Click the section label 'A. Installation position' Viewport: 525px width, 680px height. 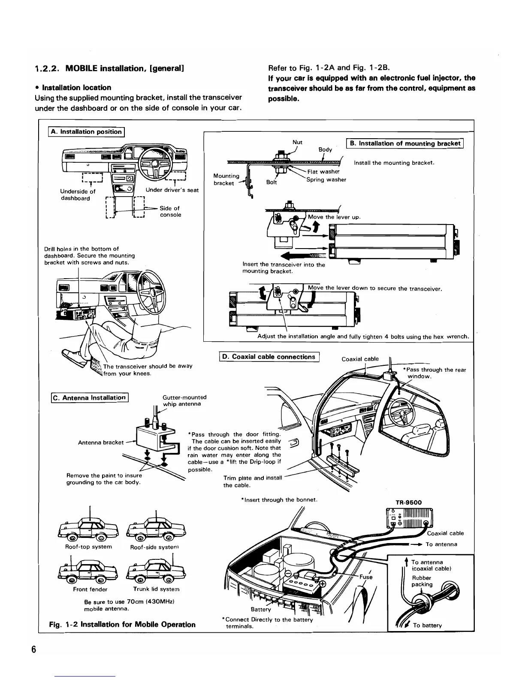pyautogui.click(x=86, y=132)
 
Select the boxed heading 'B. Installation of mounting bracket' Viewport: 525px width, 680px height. pyautogui.click(x=405, y=144)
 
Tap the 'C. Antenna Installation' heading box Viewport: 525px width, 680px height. pyautogui.click(x=89, y=398)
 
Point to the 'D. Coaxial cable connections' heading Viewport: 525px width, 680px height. pyautogui.click(x=269, y=357)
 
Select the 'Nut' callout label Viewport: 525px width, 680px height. pyautogui.click(x=297, y=142)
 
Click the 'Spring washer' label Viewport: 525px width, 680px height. pyautogui.click(x=326, y=179)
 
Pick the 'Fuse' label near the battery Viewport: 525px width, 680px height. pyautogui.click(x=366, y=577)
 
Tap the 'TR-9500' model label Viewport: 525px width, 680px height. pyautogui.click(x=408, y=502)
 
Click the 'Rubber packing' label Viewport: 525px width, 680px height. pyautogui.click(x=422, y=581)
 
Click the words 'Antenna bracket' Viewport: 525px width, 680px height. pyautogui.click(x=101, y=442)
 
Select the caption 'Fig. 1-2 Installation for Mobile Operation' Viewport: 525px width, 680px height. pyautogui.click(x=123, y=624)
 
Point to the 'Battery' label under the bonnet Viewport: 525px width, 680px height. pyautogui.click(x=261, y=609)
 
